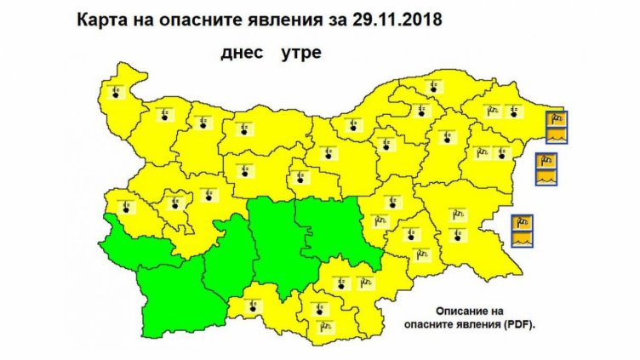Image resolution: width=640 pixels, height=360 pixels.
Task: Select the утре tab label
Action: [299, 53]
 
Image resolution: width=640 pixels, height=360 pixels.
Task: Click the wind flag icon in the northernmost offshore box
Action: [556, 117]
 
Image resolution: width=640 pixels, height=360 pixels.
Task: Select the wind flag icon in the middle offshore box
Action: [546, 159]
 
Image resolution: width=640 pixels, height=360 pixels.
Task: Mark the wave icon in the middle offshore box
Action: [546, 177]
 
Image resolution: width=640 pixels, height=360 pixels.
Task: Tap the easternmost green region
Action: [336, 230]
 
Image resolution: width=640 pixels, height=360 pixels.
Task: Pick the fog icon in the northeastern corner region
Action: [511, 110]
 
